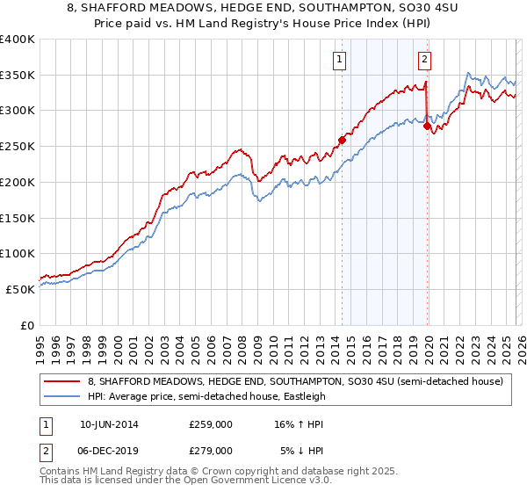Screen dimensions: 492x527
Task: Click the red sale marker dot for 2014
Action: (x=342, y=139)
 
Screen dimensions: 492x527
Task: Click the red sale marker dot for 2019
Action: (x=428, y=126)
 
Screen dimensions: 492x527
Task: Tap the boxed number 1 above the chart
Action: (x=339, y=60)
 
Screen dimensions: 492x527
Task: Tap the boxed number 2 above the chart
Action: (x=424, y=60)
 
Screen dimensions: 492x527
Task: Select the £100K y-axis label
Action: (x=18, y=253)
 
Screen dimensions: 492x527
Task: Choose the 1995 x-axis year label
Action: (x=40, y=345)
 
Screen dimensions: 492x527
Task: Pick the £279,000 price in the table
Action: (x=210, y=450)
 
